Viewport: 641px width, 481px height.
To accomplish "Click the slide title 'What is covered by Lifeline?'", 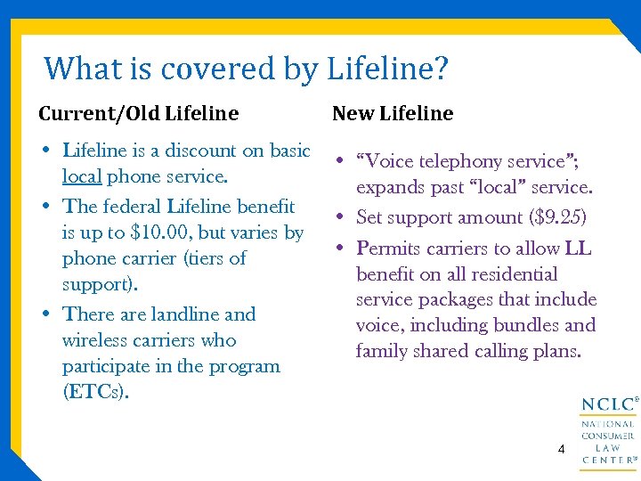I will pos(247,68).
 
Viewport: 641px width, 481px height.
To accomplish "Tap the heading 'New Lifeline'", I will pos(393,113).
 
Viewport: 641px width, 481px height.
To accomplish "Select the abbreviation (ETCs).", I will pos(95,392).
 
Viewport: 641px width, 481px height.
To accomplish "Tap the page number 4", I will pos(561,449).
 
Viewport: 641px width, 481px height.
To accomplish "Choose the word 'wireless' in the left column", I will pos(96,340).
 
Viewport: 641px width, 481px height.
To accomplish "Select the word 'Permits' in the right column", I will pos(388,249).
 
